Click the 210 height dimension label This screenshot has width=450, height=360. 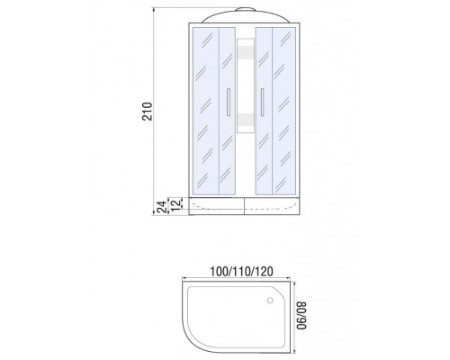click(x=147, y=112)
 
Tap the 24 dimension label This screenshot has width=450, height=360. click(x=162, y=207)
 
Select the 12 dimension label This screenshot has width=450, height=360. click(x=176, y=203)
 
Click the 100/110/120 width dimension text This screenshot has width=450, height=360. click(x=241, y=272)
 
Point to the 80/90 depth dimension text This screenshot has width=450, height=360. click(x=301, y=315)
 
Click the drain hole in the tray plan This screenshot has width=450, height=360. click(x=270, y=300)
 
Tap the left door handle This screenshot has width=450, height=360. click(x=229, y=102)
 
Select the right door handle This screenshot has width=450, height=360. click(x=262, y=102)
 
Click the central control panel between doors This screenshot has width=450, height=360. click(x=246, y=85)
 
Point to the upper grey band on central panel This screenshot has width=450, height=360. click(x=246, y=51)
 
